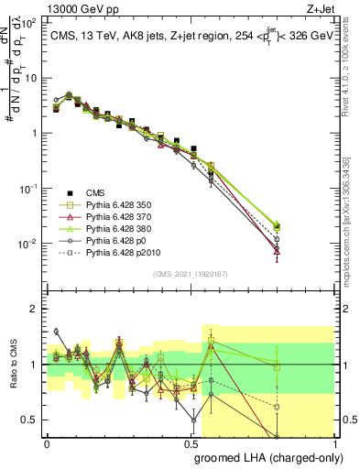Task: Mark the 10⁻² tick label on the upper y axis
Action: pyautogui.click(x=29, y=244)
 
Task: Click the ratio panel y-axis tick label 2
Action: pyautogui.click(x=34, y=309)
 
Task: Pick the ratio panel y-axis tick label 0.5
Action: pyautogui.click(x=30, y=420)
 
